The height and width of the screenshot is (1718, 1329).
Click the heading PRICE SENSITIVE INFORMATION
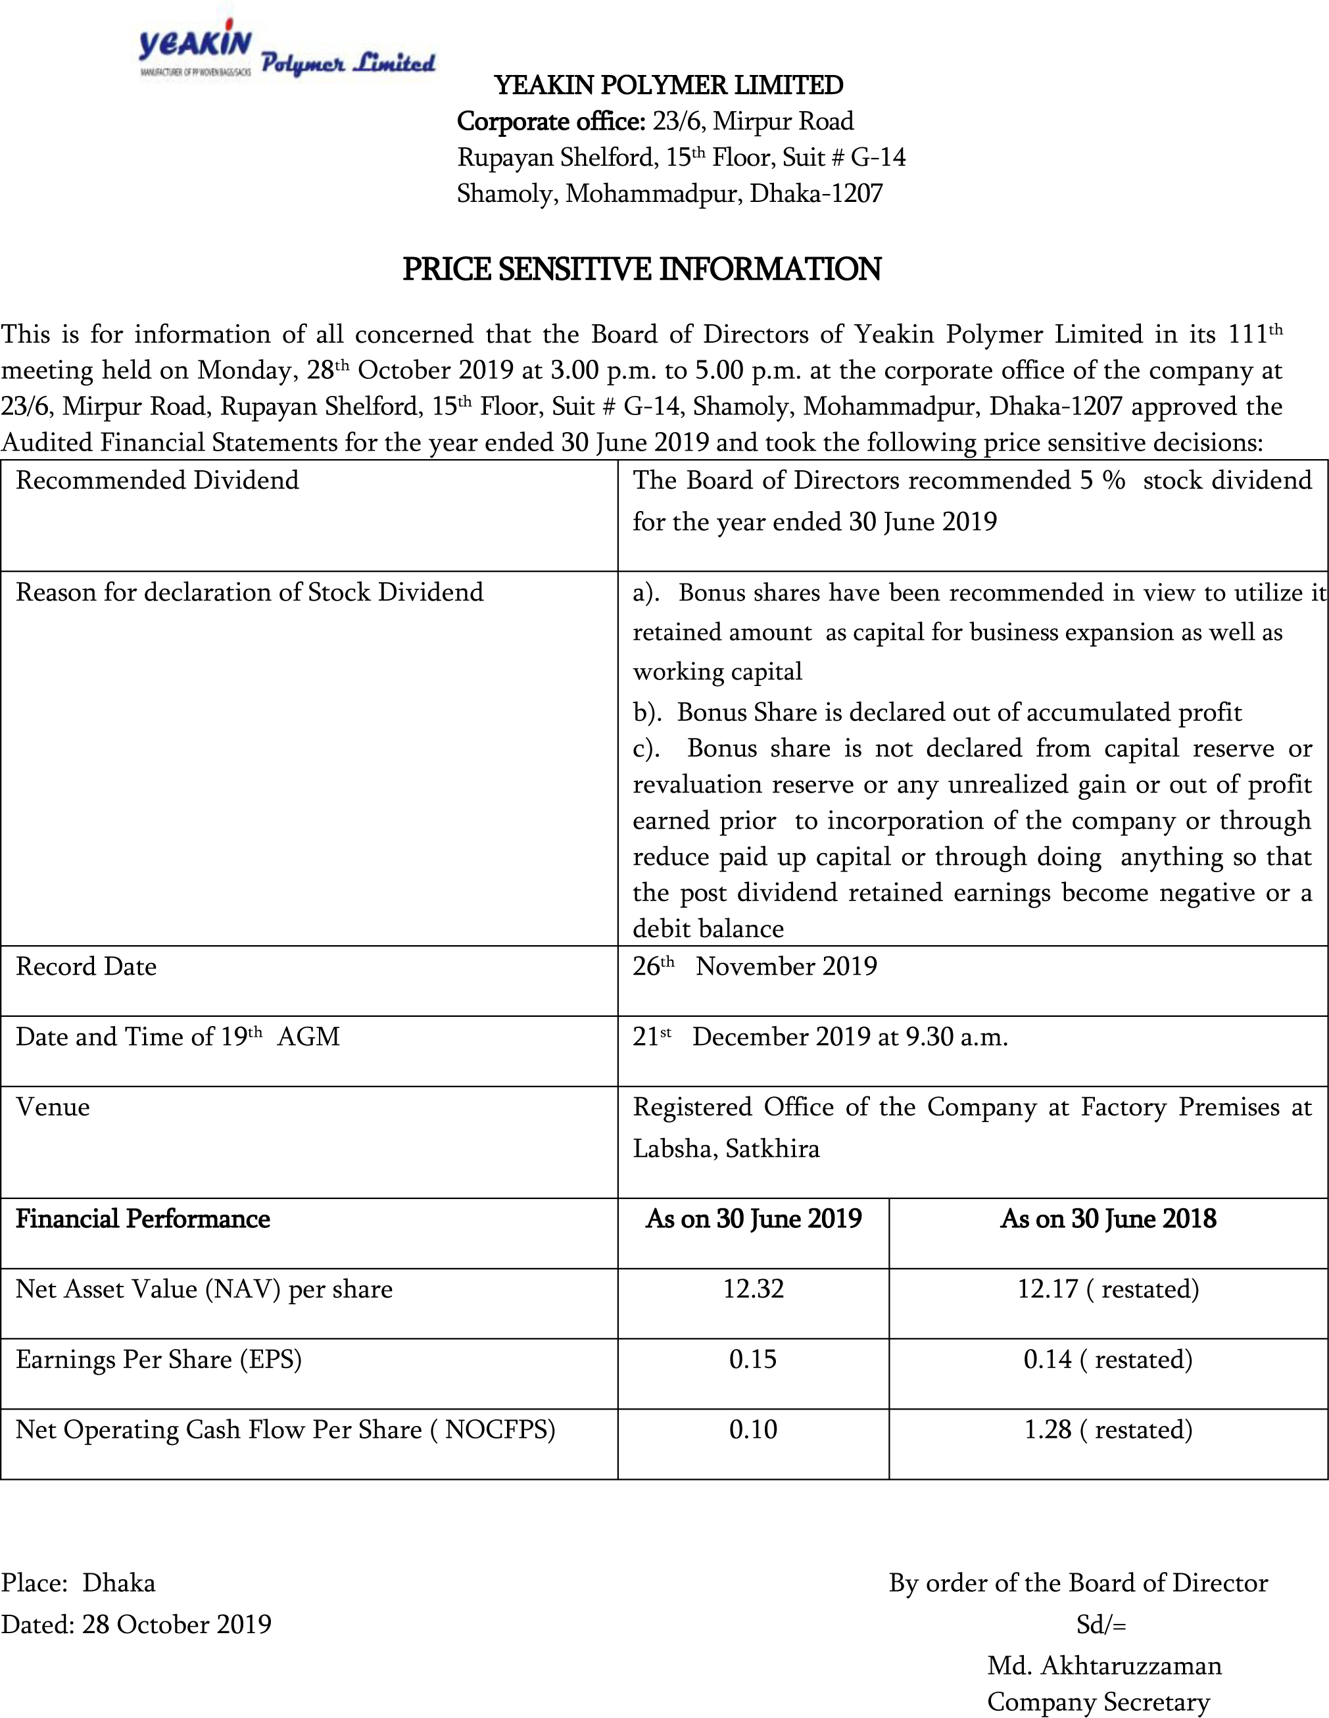(642, 269)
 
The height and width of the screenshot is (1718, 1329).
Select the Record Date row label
(87, 966)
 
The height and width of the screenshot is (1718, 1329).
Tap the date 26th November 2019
(754, 966)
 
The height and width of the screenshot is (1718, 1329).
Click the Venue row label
(53, 1107)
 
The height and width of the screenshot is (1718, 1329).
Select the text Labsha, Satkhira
(726, 1148)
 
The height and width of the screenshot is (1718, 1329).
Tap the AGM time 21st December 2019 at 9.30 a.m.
(819, 1037)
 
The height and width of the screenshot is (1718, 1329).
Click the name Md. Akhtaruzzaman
(1104, 1665)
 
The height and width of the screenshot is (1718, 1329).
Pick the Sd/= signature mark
(1101, 1625)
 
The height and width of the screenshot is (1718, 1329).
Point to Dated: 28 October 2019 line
(136, 1625)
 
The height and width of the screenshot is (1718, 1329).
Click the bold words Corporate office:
(551, 121)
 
